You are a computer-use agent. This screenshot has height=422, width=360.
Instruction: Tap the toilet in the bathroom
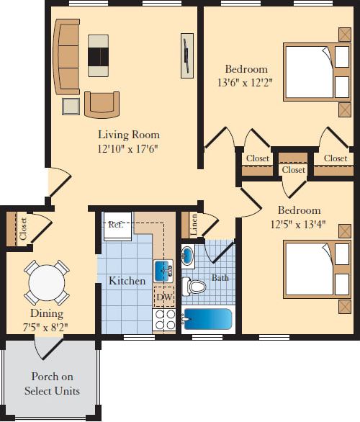pos(194,287)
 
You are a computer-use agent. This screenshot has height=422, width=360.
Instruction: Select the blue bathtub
pos(207,318)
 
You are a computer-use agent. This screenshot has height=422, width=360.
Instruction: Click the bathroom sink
pos(187,256)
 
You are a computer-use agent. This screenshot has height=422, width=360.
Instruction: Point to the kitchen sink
pos(163,271)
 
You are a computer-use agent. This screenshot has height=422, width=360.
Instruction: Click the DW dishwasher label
pos(164,297)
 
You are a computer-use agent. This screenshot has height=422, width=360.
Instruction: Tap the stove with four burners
pos(164,320)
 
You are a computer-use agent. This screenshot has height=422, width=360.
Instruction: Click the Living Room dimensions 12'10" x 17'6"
pos(129,148)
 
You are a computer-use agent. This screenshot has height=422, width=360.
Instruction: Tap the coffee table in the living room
pos(99,55)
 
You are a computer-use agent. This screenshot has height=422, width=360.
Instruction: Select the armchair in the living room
pos(102,104)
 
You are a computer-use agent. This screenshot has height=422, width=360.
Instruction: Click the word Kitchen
pos(127,281)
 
